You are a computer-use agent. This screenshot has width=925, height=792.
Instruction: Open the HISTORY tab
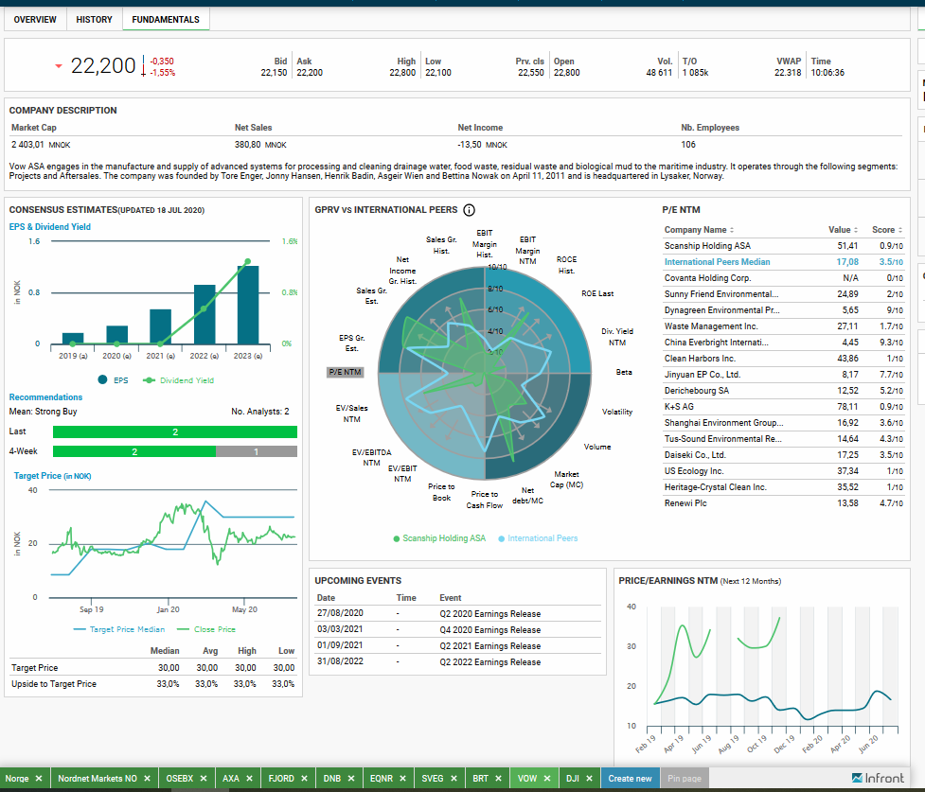point(94,20)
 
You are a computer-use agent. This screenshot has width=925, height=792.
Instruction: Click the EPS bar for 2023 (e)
point(248,305)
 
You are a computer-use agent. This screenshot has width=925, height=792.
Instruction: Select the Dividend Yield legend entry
point(179,380)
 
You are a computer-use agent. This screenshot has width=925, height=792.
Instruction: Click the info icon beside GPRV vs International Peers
point(469,210)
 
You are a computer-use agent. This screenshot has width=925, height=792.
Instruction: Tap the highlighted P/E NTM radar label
point(346,372)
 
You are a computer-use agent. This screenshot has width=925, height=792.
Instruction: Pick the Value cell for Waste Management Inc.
point(847,326)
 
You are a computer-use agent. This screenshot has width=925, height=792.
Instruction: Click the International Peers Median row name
point(717,262)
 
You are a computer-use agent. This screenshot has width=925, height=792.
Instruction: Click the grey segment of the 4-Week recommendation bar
point(257,451)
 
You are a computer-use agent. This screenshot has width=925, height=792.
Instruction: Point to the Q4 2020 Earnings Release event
point(489,630)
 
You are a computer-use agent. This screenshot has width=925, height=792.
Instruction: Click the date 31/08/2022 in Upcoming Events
point(340,661)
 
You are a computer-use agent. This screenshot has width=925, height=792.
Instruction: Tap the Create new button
point(630,779)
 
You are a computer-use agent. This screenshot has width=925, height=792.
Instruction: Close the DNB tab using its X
point(351,779)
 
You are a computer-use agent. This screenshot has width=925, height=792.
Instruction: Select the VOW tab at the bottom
point(526,779)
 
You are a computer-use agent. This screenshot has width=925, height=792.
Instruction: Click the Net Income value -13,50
point(470,145)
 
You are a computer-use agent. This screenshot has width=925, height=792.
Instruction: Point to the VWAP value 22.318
point(788,73)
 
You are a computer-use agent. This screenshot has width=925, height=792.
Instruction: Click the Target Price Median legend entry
point(119,629)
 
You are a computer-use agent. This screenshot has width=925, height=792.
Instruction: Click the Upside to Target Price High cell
point(245,684)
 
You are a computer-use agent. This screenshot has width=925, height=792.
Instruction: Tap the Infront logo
point(878,779)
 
